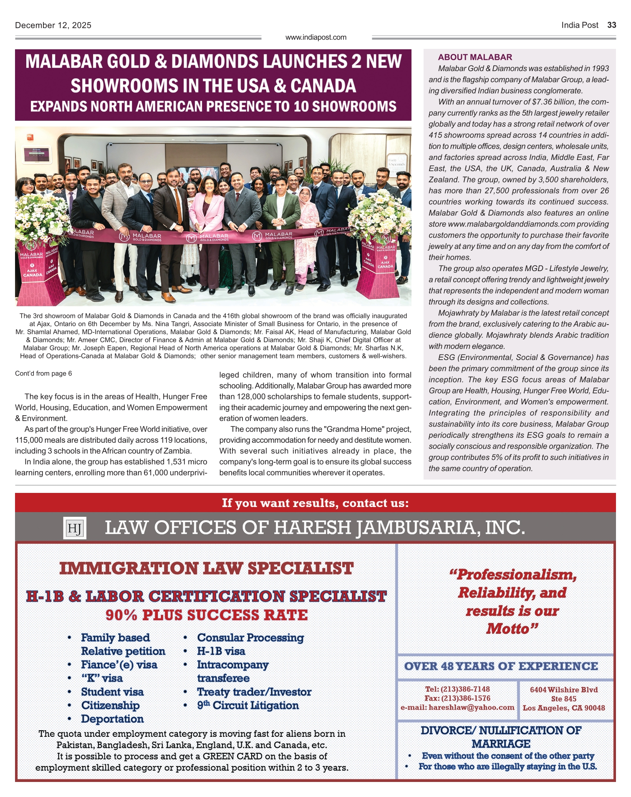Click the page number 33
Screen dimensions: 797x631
pyautogui.click(x=611, y=25)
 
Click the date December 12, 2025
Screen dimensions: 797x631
pyautogui.click(x=53, y=25)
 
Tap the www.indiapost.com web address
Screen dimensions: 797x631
pyautogui.click(x=316, y=38)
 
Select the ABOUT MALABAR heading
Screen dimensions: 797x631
pyautogui.click(x=475, y=57)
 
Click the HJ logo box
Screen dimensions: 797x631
pyautogui.click(x=75, y=528)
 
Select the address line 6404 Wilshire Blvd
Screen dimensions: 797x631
pyautogui.click(x=564, y=690)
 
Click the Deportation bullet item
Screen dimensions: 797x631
pyautogui.click(x=112, y=719)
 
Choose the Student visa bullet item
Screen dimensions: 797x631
pyautogui.click(x=112, y=692)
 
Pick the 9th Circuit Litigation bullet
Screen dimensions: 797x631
pyautogui.click(x=248, y=706)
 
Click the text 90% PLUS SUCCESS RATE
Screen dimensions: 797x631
pyautogui.click(x=207, y=615)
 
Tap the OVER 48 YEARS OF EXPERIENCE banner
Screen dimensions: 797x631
pyautogui.click(x=501, y=666)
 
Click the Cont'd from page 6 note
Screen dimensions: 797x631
pyautogui.click(x=43, y=373)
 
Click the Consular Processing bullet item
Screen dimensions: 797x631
pyautogui.click(x=250, y=638)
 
